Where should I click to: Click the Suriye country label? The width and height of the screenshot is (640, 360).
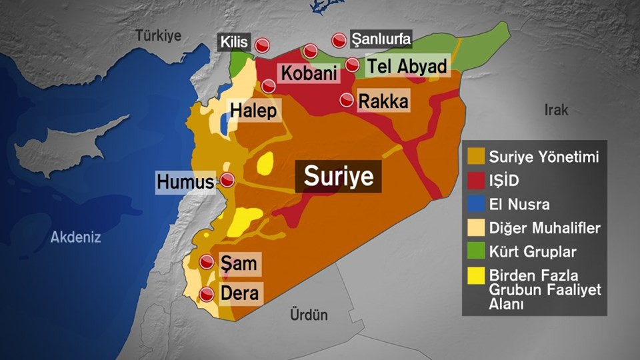[x=339, y=177]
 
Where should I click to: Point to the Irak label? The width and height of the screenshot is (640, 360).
[x=556, y=109]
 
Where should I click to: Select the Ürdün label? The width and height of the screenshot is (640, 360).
[x=309, y=315]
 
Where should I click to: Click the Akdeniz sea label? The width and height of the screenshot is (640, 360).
[x=76, y=236]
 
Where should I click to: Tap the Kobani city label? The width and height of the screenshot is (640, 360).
[x=307, y=73]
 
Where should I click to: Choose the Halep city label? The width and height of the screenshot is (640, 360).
[x=253, y=111]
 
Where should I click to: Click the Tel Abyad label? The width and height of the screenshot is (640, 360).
[x=406, y=66]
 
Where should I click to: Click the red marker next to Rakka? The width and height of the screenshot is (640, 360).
[x=347, y=101]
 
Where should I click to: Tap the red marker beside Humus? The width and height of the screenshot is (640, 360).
[x=227, y=180]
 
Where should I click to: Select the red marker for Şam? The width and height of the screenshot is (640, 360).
[x=207, y=262]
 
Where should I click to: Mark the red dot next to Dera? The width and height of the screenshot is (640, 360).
[x=207, y=294]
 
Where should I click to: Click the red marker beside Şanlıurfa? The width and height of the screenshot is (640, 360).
[x=339, y=41]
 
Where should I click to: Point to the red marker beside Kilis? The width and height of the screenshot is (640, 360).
[x=263, y=45]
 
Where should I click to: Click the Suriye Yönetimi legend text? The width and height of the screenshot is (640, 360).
[x=544, y=157]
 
